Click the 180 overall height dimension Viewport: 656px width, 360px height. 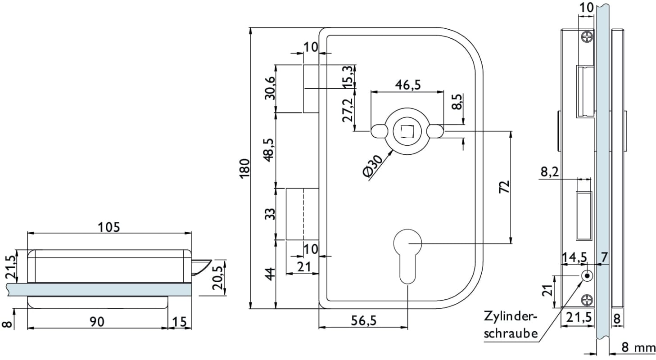coord(244,168)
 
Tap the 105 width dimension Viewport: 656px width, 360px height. coord(109,227)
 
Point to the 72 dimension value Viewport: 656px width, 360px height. coord(504,187)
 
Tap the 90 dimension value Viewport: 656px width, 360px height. coord(97,321)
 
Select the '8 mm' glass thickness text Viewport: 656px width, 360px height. coord(638,347)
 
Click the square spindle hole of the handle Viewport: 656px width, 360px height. coord(407,131)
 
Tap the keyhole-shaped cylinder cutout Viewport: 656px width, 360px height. coord(407,254)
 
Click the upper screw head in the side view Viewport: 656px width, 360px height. coord(587,37)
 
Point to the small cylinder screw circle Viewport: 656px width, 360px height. coord(587,276)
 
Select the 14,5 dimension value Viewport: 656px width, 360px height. coord(575,257)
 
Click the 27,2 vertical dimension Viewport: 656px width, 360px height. coord(348,110)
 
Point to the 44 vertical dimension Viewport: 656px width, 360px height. coord(269,274)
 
